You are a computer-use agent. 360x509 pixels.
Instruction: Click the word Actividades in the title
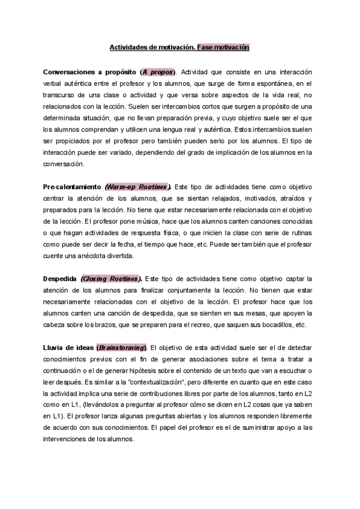pyautogui.click(x=127, y=46)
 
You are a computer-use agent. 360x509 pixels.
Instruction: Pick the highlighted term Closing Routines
pyautogui.click(x=110, y=279)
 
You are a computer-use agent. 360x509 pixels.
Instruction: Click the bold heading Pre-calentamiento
pyautogui.click(x=71, y=187)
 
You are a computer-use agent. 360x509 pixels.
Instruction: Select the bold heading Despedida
pyautogui.click(x=59, y=279)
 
